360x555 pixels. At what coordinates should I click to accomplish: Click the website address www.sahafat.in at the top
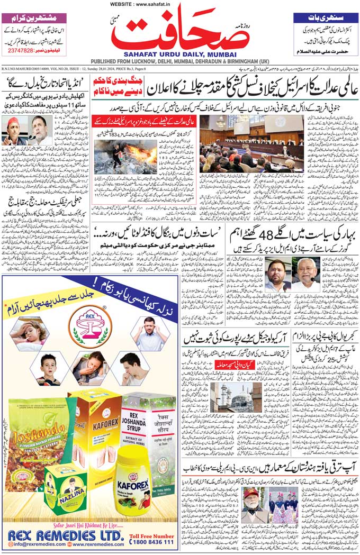point(179,4)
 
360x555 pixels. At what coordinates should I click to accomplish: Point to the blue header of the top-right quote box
point(325,17)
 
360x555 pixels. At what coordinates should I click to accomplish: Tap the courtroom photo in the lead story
point(251,143)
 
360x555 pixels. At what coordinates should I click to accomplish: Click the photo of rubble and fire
point(125,157)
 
